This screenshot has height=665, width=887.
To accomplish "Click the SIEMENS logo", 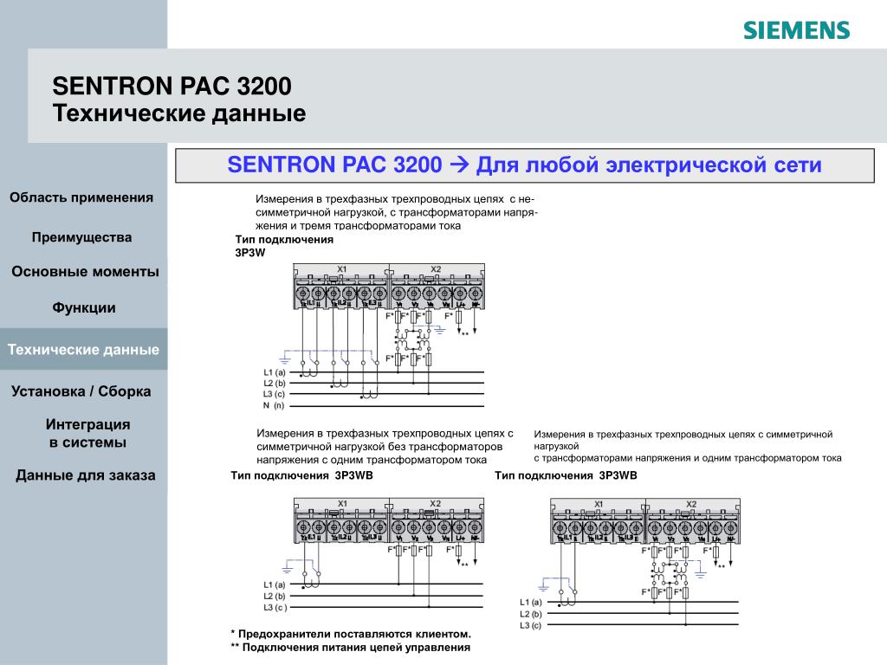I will [x=796, y=30].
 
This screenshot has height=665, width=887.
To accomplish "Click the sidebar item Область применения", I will [x=81, y=197].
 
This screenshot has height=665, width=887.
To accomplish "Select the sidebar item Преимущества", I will [x=81, y=237].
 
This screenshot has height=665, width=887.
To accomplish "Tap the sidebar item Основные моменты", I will [x=85, y=272].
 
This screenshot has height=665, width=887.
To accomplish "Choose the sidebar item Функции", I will [x=84, y=307].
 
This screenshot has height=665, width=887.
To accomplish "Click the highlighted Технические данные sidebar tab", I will [x=83, y=350].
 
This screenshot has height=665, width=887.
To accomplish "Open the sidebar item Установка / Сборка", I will [x=81, y=391].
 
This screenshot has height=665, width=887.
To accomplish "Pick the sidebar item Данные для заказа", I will [x=86, y=475].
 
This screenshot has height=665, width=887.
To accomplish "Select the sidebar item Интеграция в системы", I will [x=87, y=433].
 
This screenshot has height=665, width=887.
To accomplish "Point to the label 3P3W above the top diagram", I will [x=249, y=252].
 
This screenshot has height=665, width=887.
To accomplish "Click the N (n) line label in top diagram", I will [x=274, y=405].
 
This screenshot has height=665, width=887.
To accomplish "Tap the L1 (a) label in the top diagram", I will [x=275, y=372].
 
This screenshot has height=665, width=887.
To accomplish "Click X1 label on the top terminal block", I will [x=341, y=269].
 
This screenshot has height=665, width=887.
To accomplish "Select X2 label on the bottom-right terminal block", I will [x=690, y=503].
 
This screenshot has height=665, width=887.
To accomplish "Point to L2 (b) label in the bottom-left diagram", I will [x=274, y=596].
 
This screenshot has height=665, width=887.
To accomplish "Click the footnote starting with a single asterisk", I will [x=351, y=635].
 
